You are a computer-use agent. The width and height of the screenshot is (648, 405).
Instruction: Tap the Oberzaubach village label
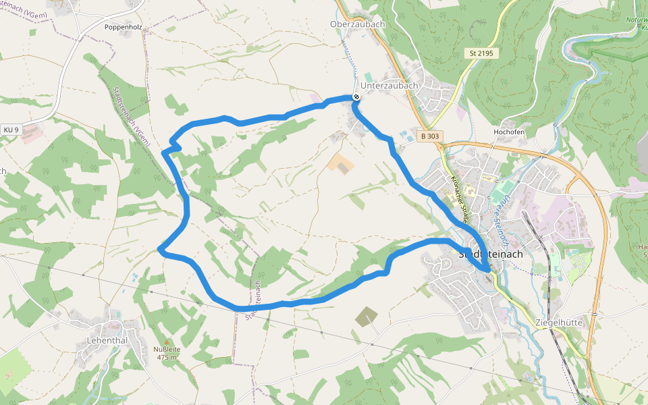coord(357,24)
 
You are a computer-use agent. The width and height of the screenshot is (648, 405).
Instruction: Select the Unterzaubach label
coord(389,86)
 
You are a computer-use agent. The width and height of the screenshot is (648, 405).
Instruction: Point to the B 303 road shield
coord(429,136)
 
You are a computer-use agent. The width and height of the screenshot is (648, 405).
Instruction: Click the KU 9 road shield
coord(11,129)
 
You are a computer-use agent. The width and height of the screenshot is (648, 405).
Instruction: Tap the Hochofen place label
coord(509,132)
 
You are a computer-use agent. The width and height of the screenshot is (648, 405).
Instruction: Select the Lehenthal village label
coord(107,340)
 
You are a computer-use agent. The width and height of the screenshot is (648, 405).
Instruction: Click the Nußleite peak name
coord(167,349)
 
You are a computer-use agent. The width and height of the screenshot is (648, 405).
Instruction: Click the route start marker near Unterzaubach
coord(356,97)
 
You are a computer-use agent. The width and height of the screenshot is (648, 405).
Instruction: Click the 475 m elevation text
coord(167,357)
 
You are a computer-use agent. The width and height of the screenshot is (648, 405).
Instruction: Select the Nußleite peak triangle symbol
coord(167,342)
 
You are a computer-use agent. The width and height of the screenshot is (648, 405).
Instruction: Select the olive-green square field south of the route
coord(367,316)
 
